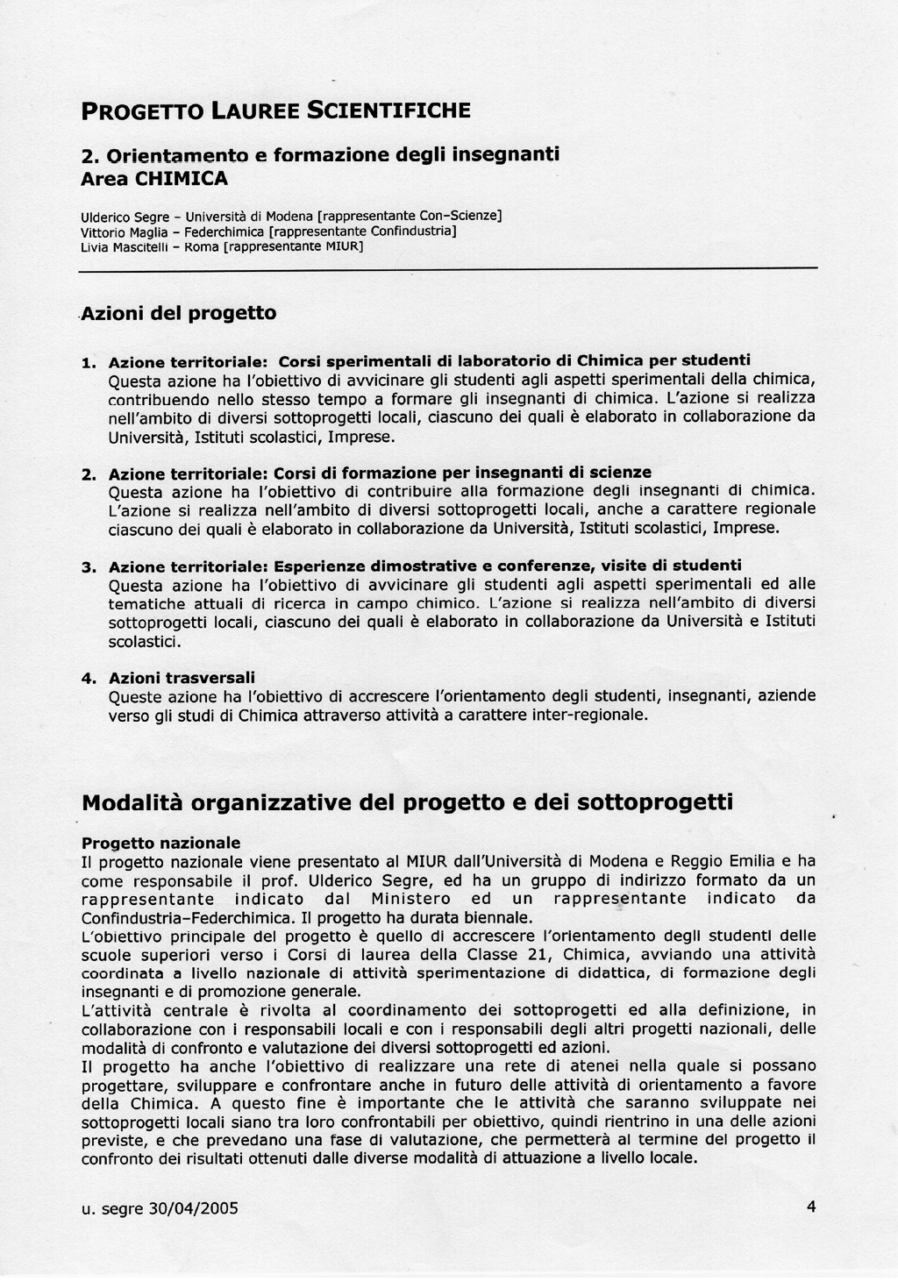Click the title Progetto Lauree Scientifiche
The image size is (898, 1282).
(275, 111)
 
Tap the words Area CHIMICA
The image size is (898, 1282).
(153, 179)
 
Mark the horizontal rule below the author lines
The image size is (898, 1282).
(447, 269)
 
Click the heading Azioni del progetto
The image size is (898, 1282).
(179, 313)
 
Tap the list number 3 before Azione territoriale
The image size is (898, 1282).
(88, 566)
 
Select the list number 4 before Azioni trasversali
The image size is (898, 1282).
(88, 678)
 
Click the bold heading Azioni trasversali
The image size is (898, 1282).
(182, 678)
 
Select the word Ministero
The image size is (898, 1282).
(410, 899)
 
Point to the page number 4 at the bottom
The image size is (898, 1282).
(810, 1207)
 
